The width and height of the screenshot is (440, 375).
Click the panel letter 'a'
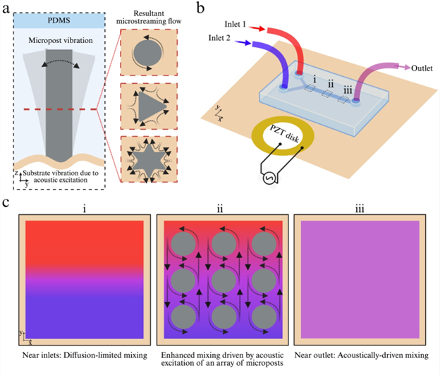click(x=6, y=9)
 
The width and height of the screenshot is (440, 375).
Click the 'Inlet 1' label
click(x=236, y=23)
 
